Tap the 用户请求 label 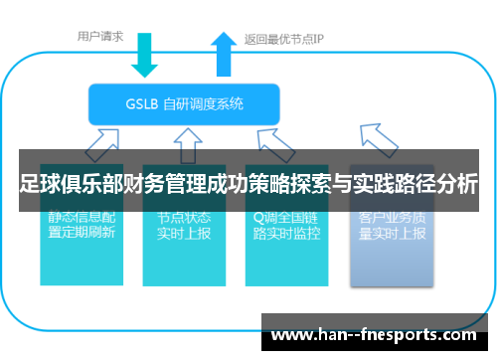tap(100, 37)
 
